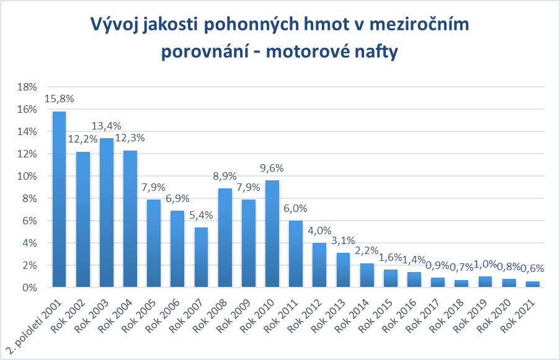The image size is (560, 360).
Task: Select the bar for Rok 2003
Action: tap(106, 213)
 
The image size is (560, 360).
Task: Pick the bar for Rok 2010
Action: tap(272, 234)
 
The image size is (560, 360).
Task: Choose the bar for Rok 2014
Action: tap(367, 275)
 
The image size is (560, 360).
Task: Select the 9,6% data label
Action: tap(272, 169)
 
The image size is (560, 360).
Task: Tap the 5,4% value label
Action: tap(201, 216)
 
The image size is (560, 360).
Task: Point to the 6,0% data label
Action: tap(296, 209)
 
